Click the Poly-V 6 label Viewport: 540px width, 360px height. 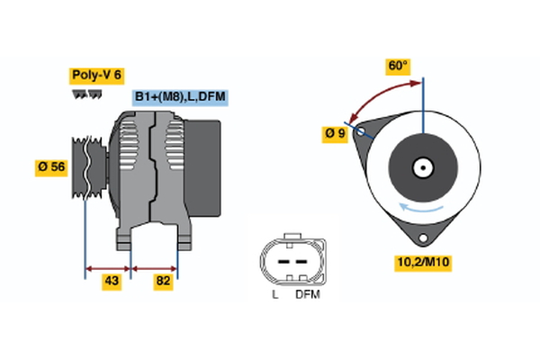[x=95, y=76]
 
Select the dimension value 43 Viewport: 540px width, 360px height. [x=111, y=282]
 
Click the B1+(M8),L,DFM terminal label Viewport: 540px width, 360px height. [x=178, y=97]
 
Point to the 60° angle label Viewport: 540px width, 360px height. [x=398, y=67]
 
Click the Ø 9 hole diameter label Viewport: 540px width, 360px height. [x=335, y=134]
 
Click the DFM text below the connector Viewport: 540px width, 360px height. [x=307, y=294]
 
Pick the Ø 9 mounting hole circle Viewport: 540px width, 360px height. [x=362, y=131]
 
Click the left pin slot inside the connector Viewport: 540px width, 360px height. [x=280, y=261]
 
